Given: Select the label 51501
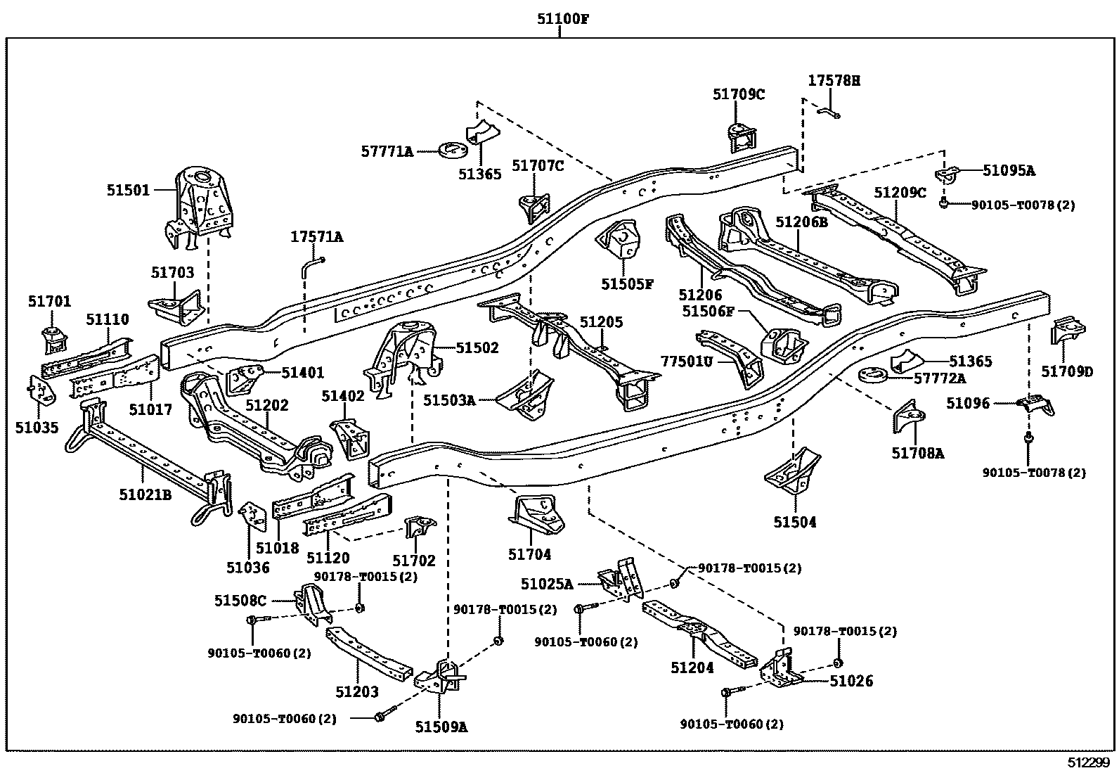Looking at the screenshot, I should tap(128, 189).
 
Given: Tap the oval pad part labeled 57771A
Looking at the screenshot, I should tap(455, 151).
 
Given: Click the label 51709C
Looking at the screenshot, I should tap(738, 94).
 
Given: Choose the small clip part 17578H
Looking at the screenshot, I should tap(829, 111).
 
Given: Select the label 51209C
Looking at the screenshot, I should tap(900, 192).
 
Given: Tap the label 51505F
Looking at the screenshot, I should tap(627, 284).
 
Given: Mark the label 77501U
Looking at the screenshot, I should tap(687, 362).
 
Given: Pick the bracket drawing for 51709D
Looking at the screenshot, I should tap(1066, 331).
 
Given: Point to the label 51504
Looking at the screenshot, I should tap(795, 522).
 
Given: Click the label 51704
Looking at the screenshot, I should tap(529, 555).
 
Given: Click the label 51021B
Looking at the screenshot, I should tap(145, 495).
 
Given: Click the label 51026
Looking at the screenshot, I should tap(851, 681).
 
